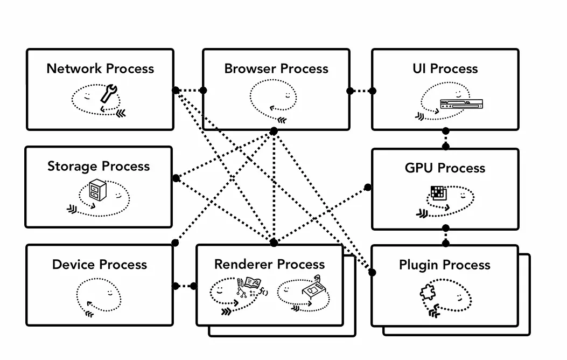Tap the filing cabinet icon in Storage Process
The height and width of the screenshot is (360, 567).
(97, 190)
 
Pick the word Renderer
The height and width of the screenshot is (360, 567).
(241, 265)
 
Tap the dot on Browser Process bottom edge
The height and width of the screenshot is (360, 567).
(274, 131)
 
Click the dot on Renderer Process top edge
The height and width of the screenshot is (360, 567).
(274, 243)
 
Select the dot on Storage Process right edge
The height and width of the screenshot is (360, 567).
(176, 178)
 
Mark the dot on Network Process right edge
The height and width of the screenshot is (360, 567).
(176, 90)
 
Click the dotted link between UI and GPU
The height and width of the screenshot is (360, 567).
(446, 140)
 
